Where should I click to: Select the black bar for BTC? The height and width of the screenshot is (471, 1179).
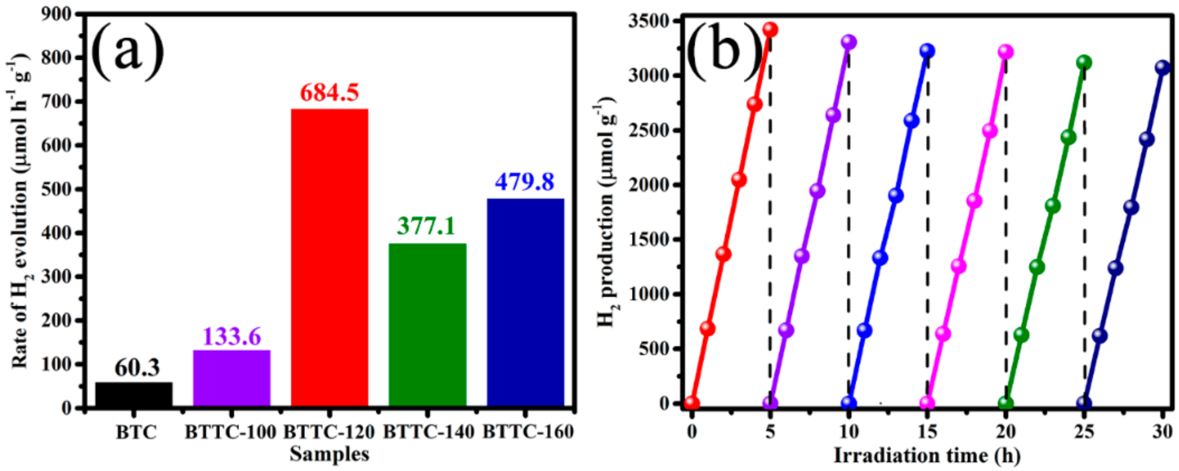pos(134,394)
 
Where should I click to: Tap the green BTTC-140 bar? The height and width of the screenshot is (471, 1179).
pos(427,325)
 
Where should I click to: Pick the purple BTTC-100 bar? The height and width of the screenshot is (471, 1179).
pos(232,378)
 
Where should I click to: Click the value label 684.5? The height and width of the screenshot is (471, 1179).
pos(329,93)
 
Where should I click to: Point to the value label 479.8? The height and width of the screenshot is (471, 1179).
pos(525,182)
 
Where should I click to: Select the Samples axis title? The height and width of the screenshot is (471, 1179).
pos(329,454)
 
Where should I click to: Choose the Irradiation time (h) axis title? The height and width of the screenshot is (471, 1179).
pos(927,456)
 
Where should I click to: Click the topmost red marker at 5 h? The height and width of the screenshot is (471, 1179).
pos(770,30)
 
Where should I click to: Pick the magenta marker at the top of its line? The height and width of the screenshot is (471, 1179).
pos(1006,52)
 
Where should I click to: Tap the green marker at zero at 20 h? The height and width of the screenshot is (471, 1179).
pos(1006,404)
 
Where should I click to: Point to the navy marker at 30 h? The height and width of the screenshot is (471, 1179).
pos(1162,67)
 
